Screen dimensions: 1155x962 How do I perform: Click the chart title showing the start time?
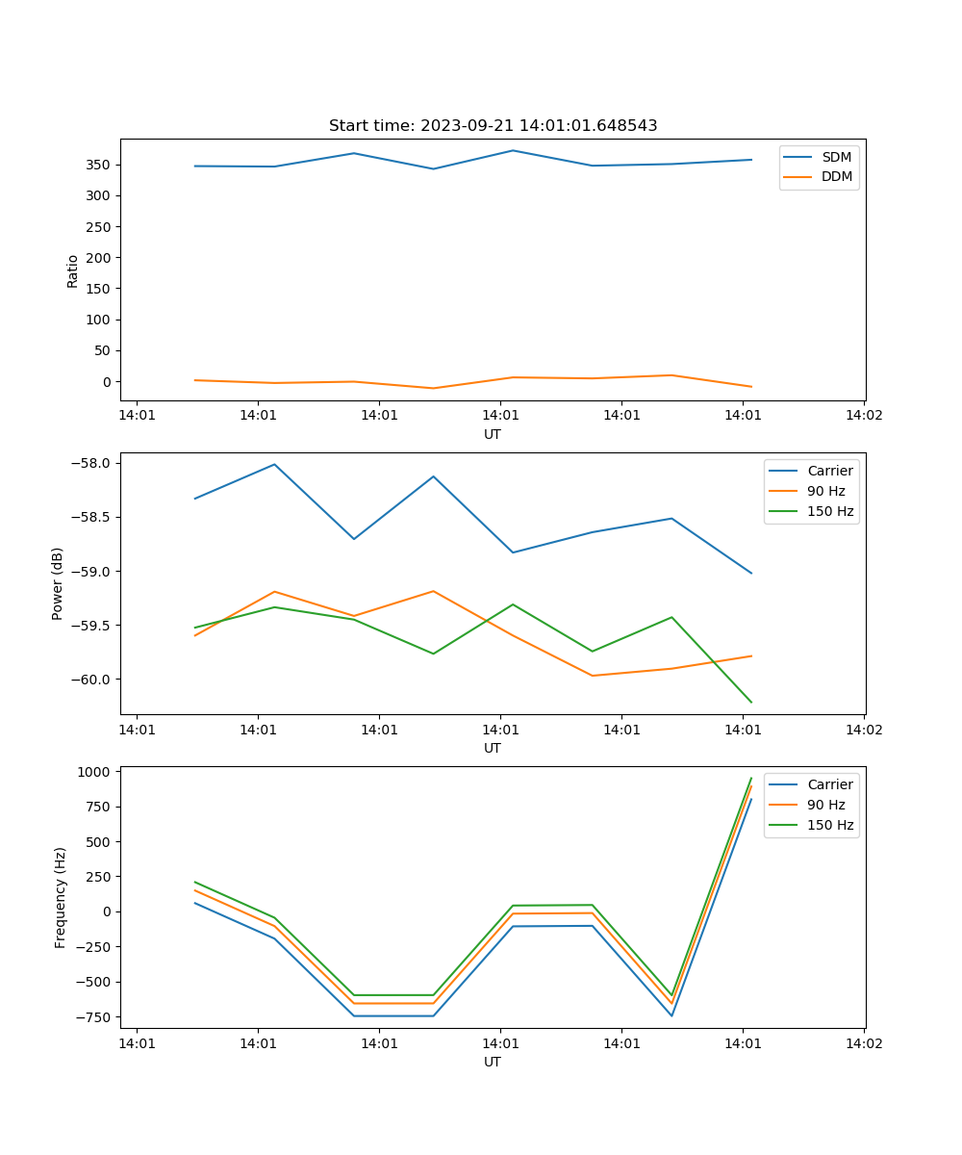(x=493, y=126)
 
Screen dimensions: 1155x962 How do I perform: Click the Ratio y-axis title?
(x=73, y=269)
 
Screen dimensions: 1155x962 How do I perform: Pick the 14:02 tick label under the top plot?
(x=863, y=416)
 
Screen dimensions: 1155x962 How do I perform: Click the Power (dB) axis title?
(x=58, y=583)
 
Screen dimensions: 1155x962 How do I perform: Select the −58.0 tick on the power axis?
(x=95, y=463)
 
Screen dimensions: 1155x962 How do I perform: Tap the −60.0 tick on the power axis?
(x=95, y=680)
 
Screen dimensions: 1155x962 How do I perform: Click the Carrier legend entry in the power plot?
(x=829, y=471)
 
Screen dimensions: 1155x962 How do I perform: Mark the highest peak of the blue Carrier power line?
(x=274, y=464)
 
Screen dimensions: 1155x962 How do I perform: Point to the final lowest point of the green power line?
(x=751, y=703)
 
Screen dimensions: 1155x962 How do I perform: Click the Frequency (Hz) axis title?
(x=61, y=897)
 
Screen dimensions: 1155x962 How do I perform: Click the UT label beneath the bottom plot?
(x=493, y=1063)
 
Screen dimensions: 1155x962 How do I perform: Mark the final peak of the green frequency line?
(x=751, y=778)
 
